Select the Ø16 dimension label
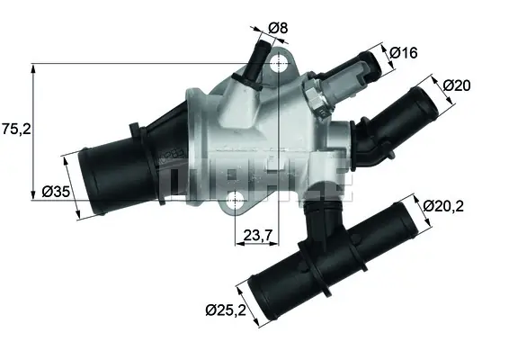click(404, 53)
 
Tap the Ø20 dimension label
click(460, 85)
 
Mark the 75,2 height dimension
click(16, 129)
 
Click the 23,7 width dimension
click(258, 236)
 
